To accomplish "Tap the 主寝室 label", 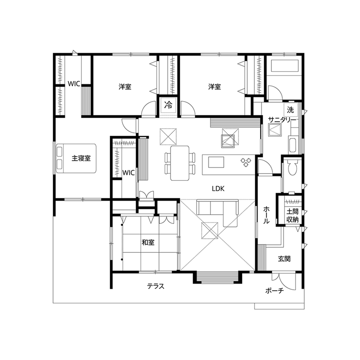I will pyautogui.click(x=81, y=158).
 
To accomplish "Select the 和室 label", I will pyautogui.click(x=148, y=242).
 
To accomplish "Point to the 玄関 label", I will pyautogui.click(x=284, y=259).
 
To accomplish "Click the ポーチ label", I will pyautogui.click(x=274, y=291).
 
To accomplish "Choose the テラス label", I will pyautogui.click(x=156, y=286).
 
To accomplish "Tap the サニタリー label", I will pyautogui.click(x=282, y=120).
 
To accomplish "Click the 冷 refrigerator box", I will pyautogui.click(x=168, y=104).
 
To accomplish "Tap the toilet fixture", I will pyautogui.click(x=294, y=168).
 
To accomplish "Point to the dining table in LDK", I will pyautogui.click(x=180, y=163).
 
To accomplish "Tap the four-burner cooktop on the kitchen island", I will pyautogui.click(x=246, y=162).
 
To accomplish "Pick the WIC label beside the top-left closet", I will pyautogui.click(x=74, y=84).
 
